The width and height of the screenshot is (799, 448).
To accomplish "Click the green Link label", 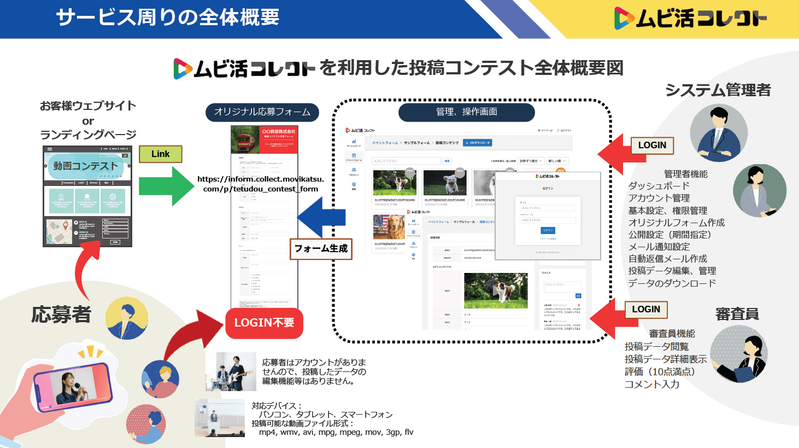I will tap(160, 154).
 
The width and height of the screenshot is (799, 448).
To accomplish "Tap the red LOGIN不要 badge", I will tap(264, 323).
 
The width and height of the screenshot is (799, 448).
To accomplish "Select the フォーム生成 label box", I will tap(321, 248).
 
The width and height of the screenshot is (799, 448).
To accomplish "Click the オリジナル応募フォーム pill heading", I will tap(262, 112).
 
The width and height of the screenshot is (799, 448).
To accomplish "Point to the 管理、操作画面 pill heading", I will tap(466, 112).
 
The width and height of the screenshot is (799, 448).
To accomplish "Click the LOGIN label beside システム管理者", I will tap(652, 146).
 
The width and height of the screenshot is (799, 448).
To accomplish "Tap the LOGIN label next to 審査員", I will tap(646, 310).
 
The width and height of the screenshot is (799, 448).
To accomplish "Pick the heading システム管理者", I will tap(718, 90).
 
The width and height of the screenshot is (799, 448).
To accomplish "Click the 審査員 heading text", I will tap(737, 314).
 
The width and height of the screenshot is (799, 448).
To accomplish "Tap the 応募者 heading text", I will tap(61, 315).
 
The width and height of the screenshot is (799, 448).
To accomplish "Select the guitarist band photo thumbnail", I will tap(231, 371).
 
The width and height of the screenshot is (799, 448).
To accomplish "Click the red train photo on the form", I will tap(245, 139).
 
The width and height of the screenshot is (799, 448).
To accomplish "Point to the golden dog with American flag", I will tap(389, 227).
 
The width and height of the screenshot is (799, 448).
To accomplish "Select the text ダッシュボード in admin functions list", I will tap(659, 186).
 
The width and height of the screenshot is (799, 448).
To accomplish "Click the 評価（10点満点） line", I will tap(660, 371).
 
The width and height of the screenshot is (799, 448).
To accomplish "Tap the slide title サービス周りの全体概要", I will tap(168, 18).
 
